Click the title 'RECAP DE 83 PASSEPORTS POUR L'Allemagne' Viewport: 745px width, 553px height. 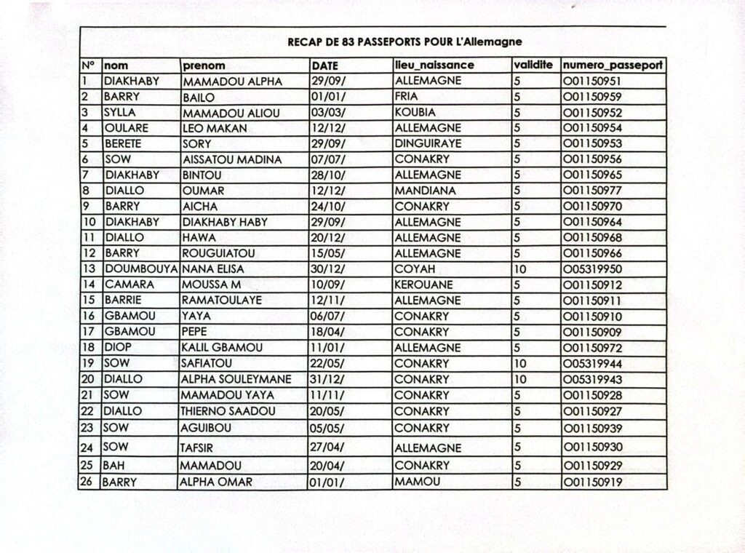point(405,42)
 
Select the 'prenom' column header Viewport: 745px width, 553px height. point(204,65)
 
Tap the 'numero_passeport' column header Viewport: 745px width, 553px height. point(612,65)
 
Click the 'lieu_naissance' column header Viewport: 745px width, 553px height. point(434,65)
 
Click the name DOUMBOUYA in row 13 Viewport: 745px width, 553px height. point(141,269)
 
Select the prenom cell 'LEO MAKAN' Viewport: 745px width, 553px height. point(215,128)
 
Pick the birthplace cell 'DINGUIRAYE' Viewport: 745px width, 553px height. point(428,144)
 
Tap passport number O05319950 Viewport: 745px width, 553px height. point(591,269)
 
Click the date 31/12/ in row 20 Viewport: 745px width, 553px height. point(327,379)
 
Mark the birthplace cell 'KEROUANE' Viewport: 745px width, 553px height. point(423,285)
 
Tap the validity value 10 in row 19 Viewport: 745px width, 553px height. point(520,363)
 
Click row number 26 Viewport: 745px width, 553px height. point(88,482)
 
